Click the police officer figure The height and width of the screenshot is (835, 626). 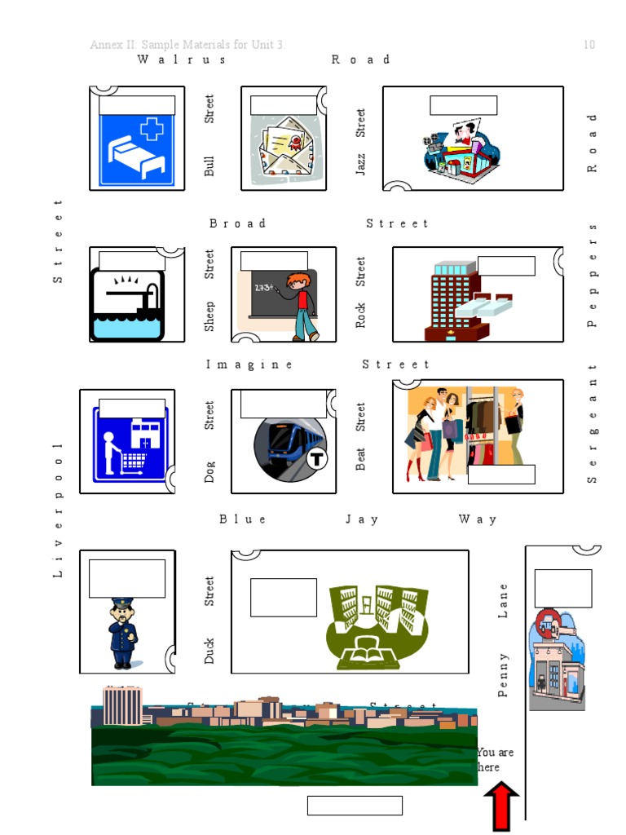[122, 633]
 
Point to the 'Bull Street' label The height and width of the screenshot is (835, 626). [210, 136]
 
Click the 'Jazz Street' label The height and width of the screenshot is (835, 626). [360, 142]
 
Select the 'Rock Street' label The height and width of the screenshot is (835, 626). [360, 292]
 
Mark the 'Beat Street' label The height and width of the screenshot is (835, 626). [360, 436]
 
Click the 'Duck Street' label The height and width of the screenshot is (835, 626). [210, 620]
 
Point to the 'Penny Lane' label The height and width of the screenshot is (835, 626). [503, 641]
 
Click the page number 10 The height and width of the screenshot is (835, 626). [589, 45]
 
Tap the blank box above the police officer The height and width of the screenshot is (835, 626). [127, 578]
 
